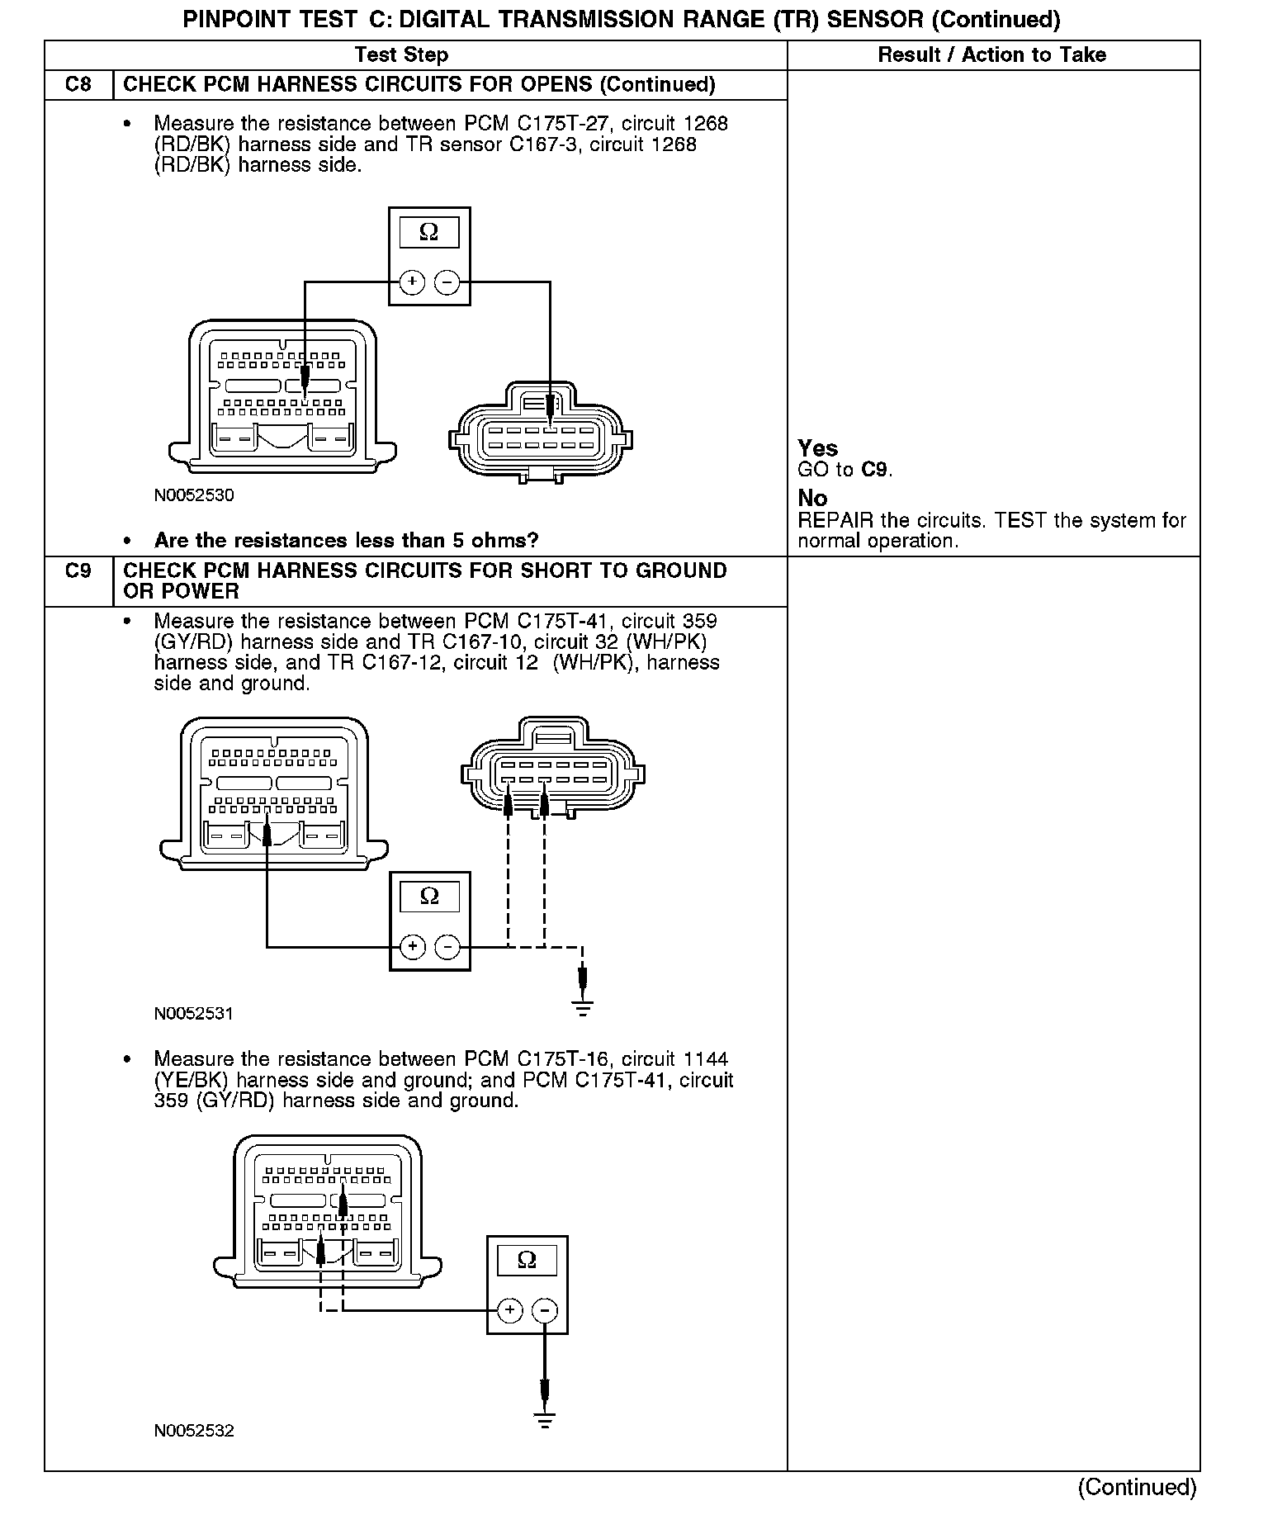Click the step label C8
78,85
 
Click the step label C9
78,571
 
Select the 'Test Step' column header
401,55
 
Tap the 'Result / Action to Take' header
991,55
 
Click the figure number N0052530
194,495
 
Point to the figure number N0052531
194,1014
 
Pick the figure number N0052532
194,1431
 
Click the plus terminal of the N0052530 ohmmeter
412,282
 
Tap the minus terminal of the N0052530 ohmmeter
447,282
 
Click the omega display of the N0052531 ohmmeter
429,897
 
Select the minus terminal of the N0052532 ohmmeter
544,1310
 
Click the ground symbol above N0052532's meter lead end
544,1420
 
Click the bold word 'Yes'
817,448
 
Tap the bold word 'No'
812,499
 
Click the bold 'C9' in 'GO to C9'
874,470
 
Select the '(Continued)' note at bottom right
1137,1487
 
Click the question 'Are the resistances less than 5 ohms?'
346,541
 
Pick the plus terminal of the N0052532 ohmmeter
510,1310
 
